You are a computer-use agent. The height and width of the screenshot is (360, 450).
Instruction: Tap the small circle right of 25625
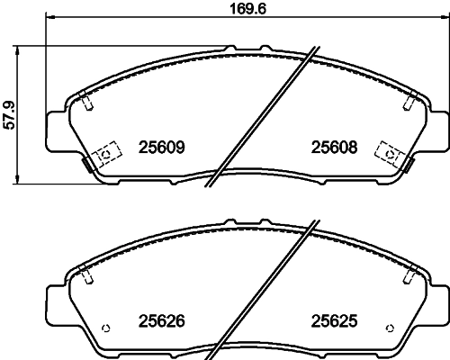click(389, 325)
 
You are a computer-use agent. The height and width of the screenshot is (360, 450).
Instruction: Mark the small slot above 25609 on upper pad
click(88, 103)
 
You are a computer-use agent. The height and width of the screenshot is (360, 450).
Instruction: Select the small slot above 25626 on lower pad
click(88, 276)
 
